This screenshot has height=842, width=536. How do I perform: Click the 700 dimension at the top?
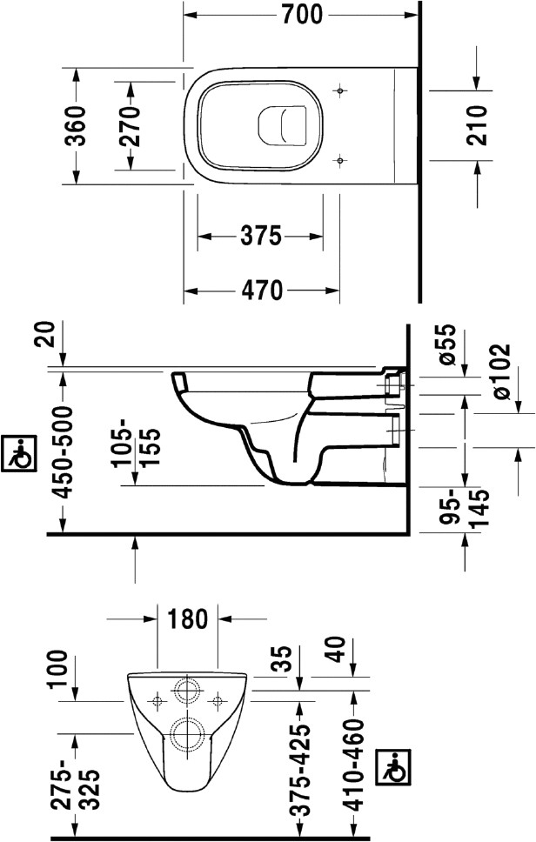pyautogui.click(x=302, y=14)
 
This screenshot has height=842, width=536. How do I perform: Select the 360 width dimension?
pyautogui.click(x=75, y=126)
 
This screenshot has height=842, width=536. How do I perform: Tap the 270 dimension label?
pyautogui.click(x=130, y=126)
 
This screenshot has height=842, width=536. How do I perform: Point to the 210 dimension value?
pyautogui.click(x=477, y=125)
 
